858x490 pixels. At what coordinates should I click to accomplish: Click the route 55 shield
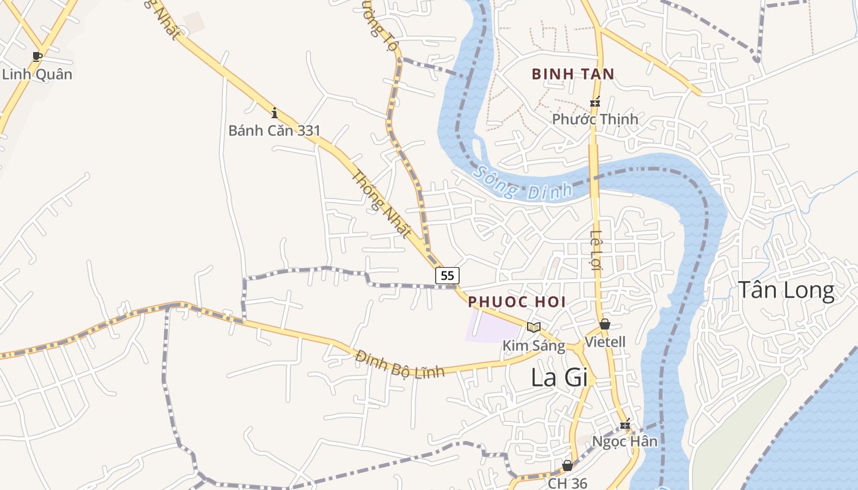(x=447, y=276)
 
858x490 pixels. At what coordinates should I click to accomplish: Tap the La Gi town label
(x=559, y=377)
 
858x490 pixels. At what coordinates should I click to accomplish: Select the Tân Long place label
(x=786, y=290)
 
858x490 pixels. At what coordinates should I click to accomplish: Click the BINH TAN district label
(x=573, y=74)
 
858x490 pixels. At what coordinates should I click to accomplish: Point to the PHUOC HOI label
(x=517, y=302)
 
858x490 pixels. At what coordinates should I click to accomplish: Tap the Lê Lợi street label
(x=597, y=249)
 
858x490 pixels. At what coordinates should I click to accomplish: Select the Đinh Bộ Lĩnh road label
(x=400, y=363)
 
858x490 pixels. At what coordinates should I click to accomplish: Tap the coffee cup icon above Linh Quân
(x=37, y=57)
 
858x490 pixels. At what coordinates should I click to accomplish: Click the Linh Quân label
(x=37, y=75)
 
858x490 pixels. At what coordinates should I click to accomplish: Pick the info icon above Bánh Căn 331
(x=275, y=113)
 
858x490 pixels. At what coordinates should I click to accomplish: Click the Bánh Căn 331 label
(x=275, y=130)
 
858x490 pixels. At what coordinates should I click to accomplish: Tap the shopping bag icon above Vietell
(x=605, y=324)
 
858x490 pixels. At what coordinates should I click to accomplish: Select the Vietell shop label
(x=606, y=342)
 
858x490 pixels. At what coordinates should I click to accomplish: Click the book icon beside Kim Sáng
(x=534, y=327)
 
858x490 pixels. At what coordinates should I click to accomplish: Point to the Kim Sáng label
(x=534, y=345)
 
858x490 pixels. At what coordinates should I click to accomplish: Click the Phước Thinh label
(x=595, y=119)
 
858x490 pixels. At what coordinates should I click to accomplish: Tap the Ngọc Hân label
(x=625, y=441)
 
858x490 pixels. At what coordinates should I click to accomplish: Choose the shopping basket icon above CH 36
(x=568, y=466)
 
